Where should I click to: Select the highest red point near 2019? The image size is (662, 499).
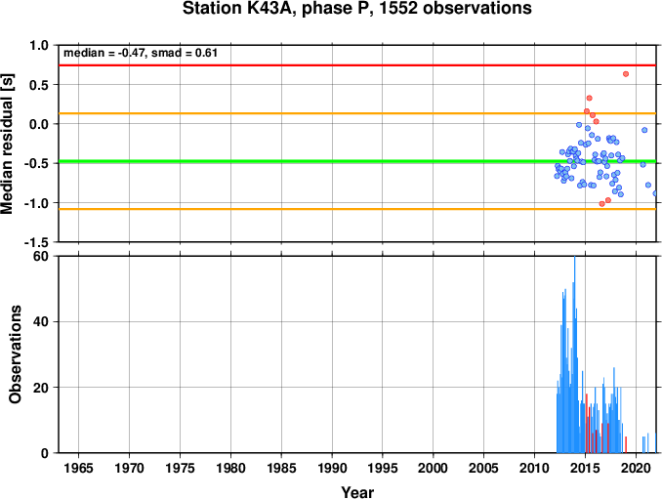point(626,74)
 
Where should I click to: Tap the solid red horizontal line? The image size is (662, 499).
point(357,65)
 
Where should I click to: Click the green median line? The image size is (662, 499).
point(357,161)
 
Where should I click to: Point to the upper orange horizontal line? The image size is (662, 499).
point(357,113)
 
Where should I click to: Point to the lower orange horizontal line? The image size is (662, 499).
point(357,209)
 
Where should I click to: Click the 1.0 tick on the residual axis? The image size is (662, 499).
point(39,45)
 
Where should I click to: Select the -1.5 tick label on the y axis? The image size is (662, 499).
point(36,242)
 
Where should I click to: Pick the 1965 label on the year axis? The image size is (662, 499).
point(79,468)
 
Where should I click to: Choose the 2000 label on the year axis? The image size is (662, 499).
point(434,468)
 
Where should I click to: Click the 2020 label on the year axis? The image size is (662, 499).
point(636,468)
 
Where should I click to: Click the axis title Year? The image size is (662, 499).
point(357,492)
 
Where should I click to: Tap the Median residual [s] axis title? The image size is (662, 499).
point(8,144)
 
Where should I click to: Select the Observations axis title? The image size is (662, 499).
point(16,354)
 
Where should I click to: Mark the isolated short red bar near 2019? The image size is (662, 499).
point(626,444)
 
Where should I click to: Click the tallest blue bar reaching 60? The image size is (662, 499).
point(574,354)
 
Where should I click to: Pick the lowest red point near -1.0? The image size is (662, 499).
point(602,204)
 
